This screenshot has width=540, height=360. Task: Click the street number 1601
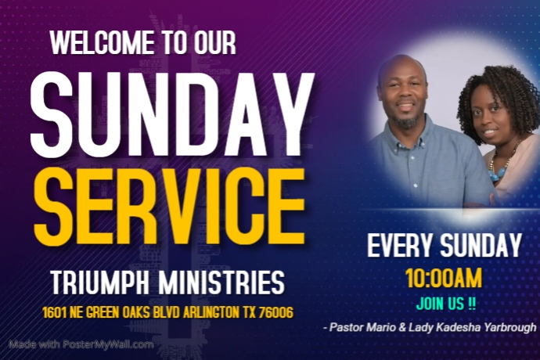(56, 313)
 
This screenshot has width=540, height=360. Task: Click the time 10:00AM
(444, 278)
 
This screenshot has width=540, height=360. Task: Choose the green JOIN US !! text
(444, 303)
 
